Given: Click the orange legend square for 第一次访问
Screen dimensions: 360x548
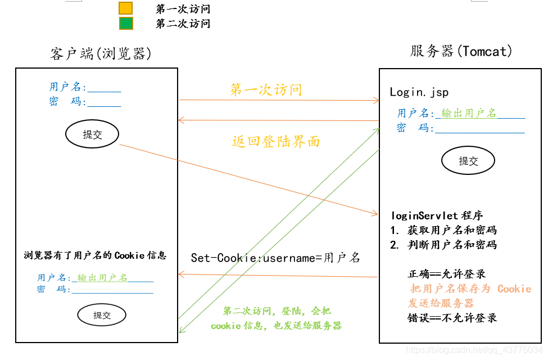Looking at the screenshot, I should pyautogui.click(x=126, y=8).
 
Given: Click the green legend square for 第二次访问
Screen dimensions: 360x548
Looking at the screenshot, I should pyautogui.click(x=126, y=24).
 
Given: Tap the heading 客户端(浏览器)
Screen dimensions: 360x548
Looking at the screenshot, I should pyautogui.click(x=101, y=53).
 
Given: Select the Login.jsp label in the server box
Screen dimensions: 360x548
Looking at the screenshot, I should pyautogui.click(x=419, y=92).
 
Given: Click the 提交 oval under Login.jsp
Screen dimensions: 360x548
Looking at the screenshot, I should pyautogui.click(x=468, y=161).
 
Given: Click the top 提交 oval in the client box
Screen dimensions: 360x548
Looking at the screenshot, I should pyautogui.click(x=92, y=134).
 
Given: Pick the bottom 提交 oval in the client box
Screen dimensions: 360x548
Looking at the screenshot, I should pyautogui.click(x=102, y=315).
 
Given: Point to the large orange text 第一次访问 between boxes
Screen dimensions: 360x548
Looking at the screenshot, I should pyautogui.click(x=266, y=89).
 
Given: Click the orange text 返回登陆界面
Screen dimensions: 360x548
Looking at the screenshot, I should pyautogui.click(x=276, y=141).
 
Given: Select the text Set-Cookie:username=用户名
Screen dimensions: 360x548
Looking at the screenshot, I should pyautogui.click(x=275, y=258).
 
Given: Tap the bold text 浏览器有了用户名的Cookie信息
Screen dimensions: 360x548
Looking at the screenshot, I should pyautogui.click(x=95, y=255).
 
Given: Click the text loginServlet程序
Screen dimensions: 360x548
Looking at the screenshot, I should pyautogui.click(x=437, y=215).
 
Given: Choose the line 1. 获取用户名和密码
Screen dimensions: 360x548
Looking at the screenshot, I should pyautogui.click(x=443, y=230).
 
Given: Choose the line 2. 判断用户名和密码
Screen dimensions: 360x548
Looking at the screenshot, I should pyautogui.click(x=443, y=245).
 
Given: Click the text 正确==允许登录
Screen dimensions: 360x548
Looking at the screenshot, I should pyautogui.click(x=446, y=274).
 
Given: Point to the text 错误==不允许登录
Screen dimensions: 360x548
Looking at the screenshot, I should pyautogui.click(x=452, y=318).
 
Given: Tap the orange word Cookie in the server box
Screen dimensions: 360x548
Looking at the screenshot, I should pyautogui.click(x=514, y=289).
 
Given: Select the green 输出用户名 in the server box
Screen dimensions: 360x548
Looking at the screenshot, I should pyautogui.click(x=469, y=114).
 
